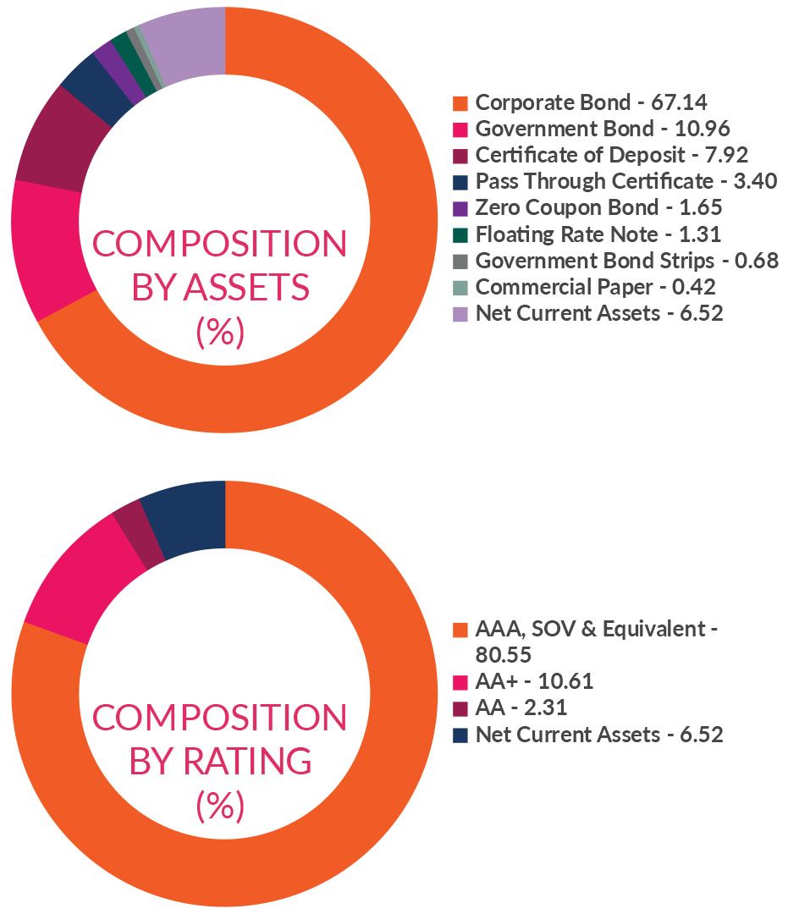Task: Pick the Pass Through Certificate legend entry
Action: tap(625, 182)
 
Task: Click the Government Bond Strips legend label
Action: tap(626, 261)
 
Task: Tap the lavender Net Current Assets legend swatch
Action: tap(460, 313)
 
